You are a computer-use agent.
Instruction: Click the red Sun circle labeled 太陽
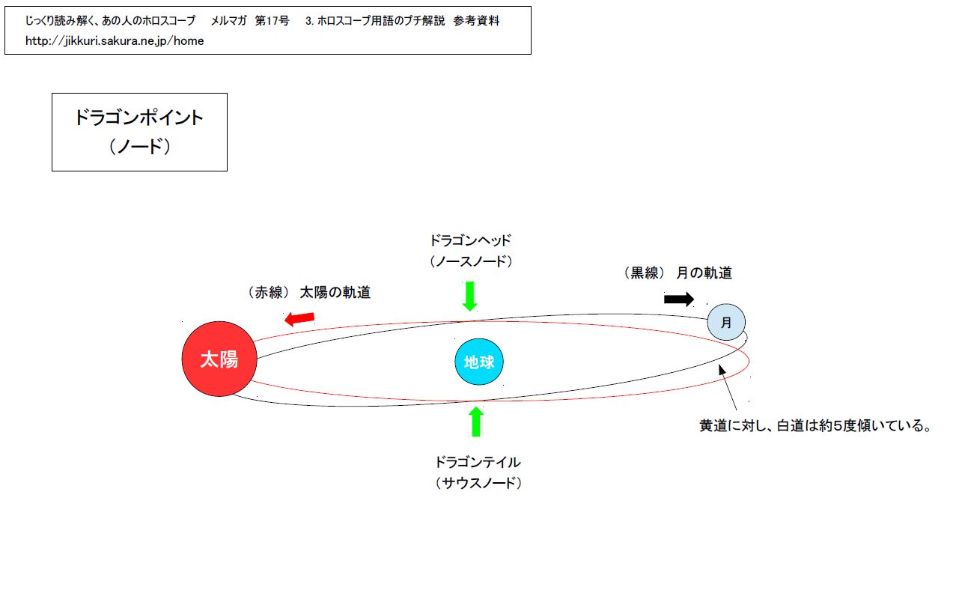[x=219, y=359]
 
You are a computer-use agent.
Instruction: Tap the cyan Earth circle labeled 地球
[x=479, y=362]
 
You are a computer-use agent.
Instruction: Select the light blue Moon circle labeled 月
[x=725, y=323]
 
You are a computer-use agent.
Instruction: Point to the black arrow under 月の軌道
[x=679, y=299]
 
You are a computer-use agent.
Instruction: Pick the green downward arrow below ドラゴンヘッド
[x=470, y=296]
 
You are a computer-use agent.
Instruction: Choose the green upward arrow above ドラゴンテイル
[x=475, y=422]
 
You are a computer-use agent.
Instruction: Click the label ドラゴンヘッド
[x=470, y=241]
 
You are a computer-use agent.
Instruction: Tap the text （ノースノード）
[x=470, y=261]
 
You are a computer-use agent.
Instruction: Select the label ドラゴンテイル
[x=478, y=462]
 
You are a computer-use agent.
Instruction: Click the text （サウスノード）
[x=478, y=483]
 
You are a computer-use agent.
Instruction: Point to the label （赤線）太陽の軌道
[x=309, y=293]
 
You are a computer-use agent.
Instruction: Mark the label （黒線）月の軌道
[x=678, y=273]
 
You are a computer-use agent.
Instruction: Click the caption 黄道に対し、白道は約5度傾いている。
[x=815, y=427]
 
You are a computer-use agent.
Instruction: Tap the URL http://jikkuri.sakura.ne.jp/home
[x=115, y=41]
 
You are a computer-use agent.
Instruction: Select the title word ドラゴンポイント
[x=139, y=118]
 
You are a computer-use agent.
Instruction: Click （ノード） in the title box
[x=139, y=146]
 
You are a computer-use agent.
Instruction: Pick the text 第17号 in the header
[x=272, y=21]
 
